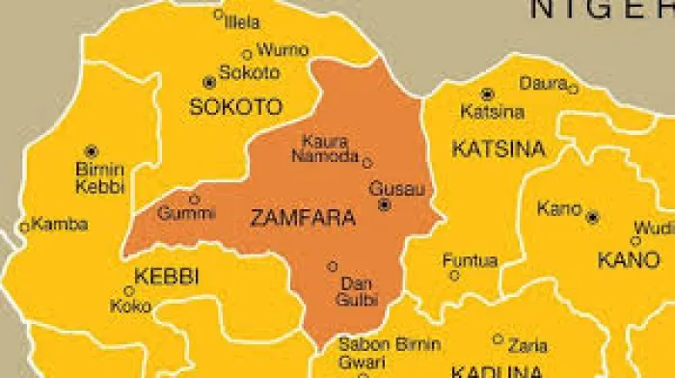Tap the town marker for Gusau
384,205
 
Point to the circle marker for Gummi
194,200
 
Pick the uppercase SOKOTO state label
236,107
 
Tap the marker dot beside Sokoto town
209,83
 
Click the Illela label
242,21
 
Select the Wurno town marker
247,55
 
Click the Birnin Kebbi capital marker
91,151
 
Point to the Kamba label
60,225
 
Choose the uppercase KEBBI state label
166,277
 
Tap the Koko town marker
129,291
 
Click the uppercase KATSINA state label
499,149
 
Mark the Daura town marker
572,89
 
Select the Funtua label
470,260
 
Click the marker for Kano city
592,217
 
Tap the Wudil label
653,229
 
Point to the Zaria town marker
498,338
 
